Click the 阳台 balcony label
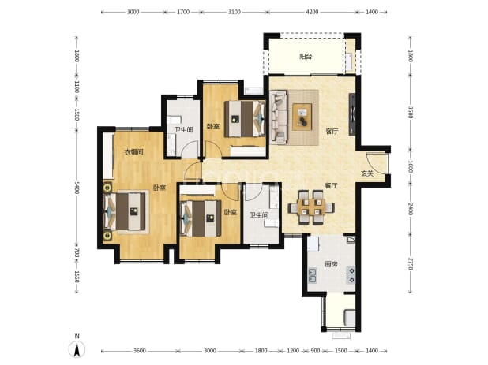(x=306, y=57)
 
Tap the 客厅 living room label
(x=332, y=132)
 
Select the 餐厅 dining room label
(x=331, y=185)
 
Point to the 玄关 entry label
(x=367, y=173)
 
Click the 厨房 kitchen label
(x=331, y=264)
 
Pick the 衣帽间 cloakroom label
(x=133, y=152)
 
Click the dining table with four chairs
(x=311, y=207)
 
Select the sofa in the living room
(x=279, y=117)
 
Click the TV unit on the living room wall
(x=352, y=114)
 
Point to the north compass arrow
(x=77, y=348)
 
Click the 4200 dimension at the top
(x=313, y=12)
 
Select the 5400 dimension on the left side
(x=77, y=188)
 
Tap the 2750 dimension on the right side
(x=410, y=264)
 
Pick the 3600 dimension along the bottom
(x=140, y=351)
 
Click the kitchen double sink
(x=313, y=276)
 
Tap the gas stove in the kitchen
(x=351, y=275)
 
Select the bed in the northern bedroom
(x=246, y=118)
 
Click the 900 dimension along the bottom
(x=315, y=351)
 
